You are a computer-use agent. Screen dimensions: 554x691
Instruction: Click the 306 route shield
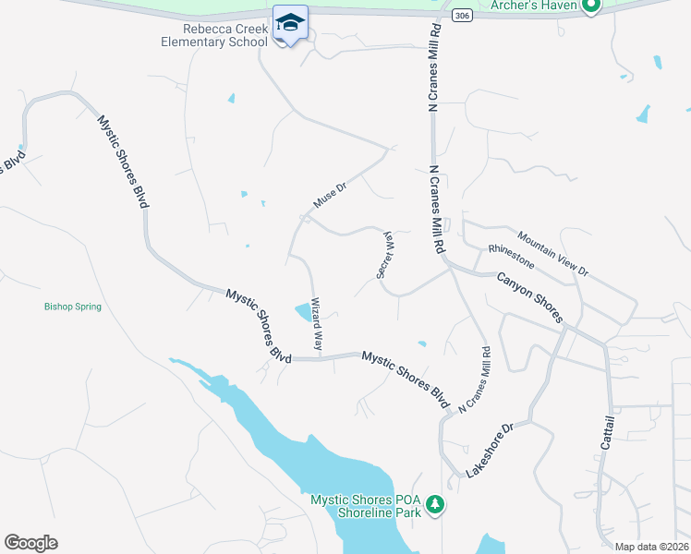461,15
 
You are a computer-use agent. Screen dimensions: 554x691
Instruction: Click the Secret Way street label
385,255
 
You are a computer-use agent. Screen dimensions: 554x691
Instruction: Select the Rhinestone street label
511,255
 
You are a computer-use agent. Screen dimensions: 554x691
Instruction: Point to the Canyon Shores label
530,295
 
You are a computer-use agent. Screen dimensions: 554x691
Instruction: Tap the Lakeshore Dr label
489,451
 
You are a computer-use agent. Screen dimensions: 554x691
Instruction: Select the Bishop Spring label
72,307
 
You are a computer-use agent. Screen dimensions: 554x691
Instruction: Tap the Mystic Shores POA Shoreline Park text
365,506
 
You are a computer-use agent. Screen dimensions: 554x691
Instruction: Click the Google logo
30,543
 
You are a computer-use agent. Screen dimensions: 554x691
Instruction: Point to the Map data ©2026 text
651,547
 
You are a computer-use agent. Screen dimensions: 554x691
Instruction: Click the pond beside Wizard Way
304,313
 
